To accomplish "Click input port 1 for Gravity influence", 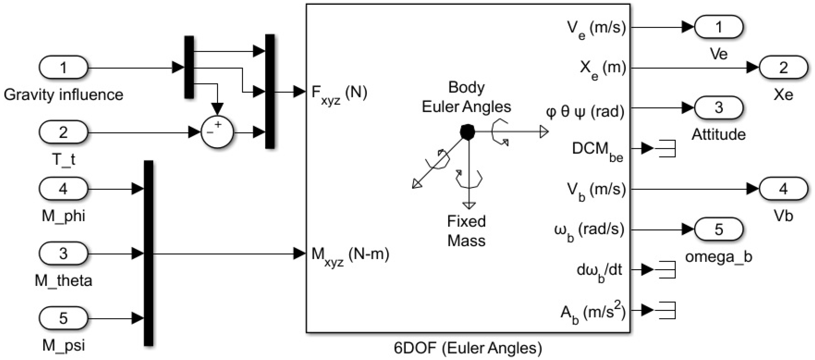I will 63,67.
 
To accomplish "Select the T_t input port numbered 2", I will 63,132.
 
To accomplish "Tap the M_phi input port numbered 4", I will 63,189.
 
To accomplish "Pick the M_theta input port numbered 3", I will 63,253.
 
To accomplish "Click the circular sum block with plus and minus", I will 217,132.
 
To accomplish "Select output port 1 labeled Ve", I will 718,27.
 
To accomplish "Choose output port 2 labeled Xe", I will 783,67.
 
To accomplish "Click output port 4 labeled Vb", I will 783,189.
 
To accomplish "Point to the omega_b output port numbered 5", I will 718,229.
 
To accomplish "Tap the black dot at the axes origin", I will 467,132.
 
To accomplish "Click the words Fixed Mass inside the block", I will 466,231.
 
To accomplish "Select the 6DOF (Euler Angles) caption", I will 468,348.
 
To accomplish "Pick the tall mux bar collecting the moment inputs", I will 148,253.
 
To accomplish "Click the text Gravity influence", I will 63,95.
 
